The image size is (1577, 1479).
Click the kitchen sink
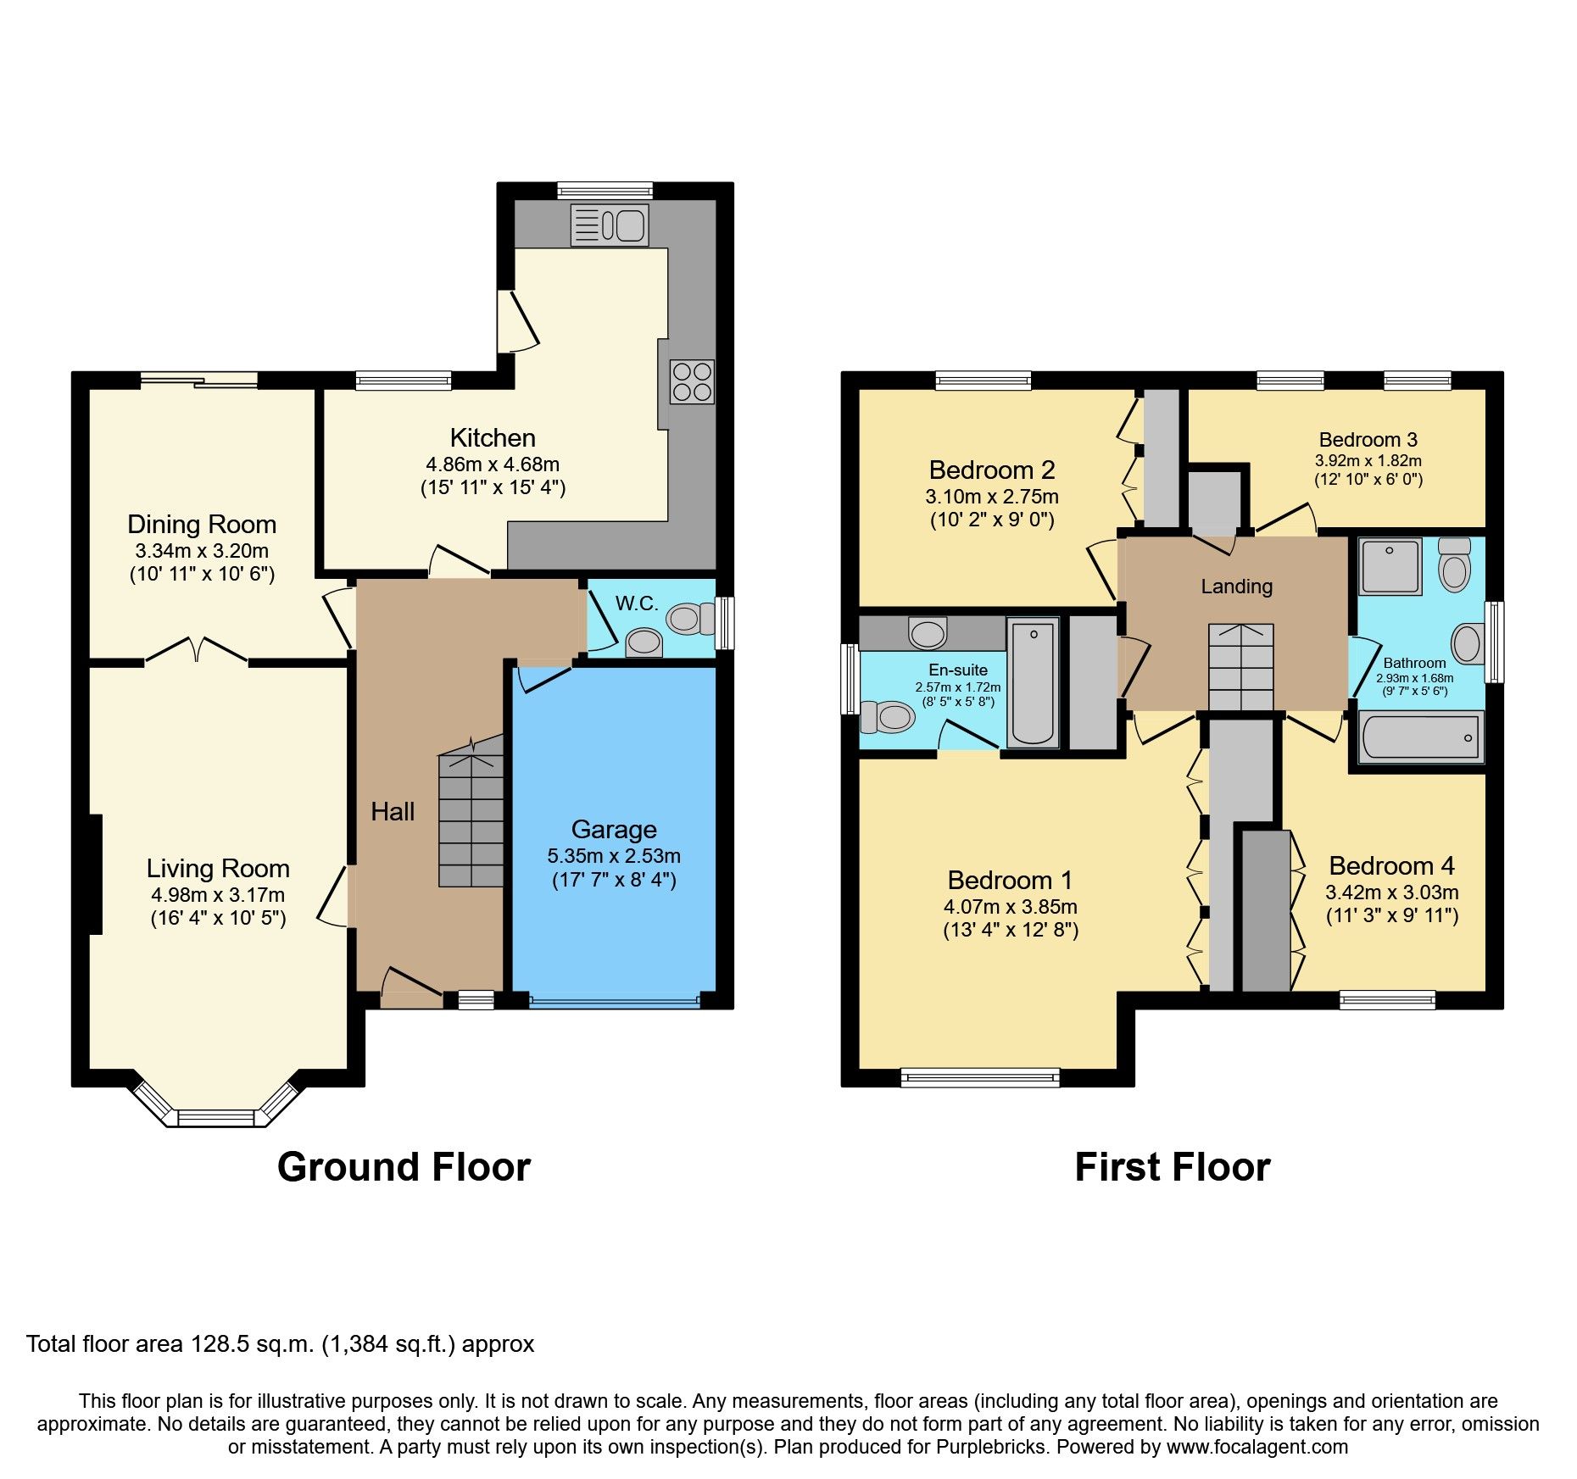[610, 225]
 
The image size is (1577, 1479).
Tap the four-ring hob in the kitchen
[691, 382]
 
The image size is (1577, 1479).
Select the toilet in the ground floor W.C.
[689, 619]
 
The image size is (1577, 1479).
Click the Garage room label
[614, 829]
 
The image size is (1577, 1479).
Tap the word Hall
[393, 812]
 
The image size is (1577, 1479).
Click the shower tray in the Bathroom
[1390, 566]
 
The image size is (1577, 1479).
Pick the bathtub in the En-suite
[1033, 682]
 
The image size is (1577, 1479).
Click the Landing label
[1236, 587]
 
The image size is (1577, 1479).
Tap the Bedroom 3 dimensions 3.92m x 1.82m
[1368, 461]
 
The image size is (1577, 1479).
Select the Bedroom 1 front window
[980, 1077]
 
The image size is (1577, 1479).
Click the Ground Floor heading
[404, 1167]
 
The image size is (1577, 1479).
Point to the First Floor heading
[1172, 1167]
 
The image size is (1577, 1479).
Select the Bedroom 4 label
[1391, 865]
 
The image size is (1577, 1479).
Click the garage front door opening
[615, 1002]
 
